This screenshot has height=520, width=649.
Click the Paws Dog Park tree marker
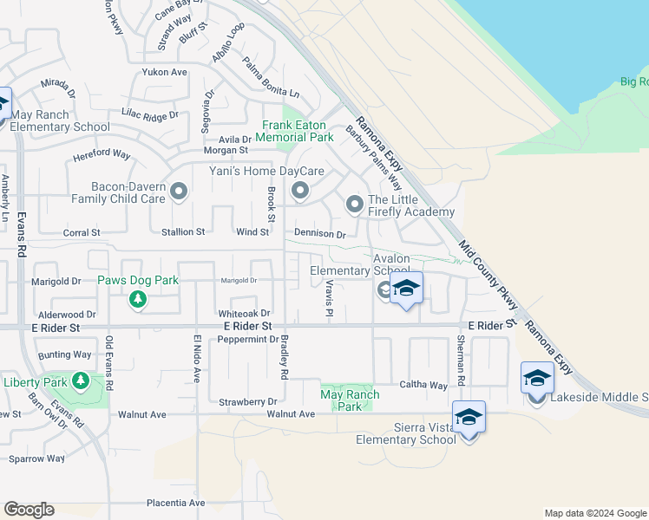(137, 300)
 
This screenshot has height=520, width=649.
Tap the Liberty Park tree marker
(81, 381)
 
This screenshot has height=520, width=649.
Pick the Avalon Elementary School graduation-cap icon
(405, 289)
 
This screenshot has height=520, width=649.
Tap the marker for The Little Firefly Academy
(355, 205)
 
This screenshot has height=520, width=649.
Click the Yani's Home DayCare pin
(300, 190)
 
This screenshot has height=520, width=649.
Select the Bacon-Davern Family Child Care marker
(179, 191)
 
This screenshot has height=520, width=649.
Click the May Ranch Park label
(350, 400)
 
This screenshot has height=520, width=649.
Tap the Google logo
(29, 510)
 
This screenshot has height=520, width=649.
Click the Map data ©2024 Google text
(594, 513)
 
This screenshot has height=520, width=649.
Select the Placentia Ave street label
(175, 503)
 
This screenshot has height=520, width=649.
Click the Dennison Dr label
(319, 234)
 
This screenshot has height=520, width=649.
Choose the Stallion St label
(182, 232)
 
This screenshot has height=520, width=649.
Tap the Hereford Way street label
(102, 154)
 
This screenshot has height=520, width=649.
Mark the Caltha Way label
(423, 385)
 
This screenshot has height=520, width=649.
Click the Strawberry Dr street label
(247, 401)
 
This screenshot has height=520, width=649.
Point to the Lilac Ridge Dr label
(150, 114)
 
